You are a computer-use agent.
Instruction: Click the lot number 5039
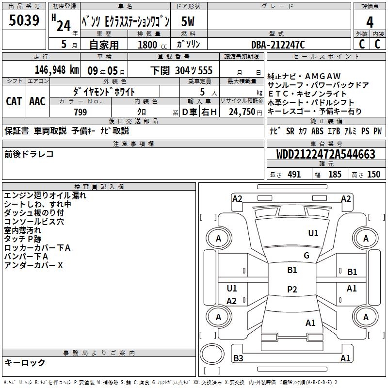click(24, 21)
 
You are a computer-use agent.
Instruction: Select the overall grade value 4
click(370, 22)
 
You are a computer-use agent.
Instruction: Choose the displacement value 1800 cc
click(148, 45)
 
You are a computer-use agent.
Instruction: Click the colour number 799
click(81, 112)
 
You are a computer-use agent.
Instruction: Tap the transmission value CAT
click(14, 101)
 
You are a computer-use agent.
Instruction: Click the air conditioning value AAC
click(37, 101)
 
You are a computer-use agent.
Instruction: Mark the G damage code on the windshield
click(307, 256)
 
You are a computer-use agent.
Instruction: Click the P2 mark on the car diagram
click(292, 289)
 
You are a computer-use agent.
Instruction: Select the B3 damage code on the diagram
click(238, 358)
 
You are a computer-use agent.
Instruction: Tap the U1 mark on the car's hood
click(313, 233)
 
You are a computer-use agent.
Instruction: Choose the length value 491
click(294, 175)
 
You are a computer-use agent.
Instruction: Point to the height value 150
click(373, 175)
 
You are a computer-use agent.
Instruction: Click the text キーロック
click(25, 362)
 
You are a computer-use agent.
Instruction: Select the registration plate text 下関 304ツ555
click(181, 70)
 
